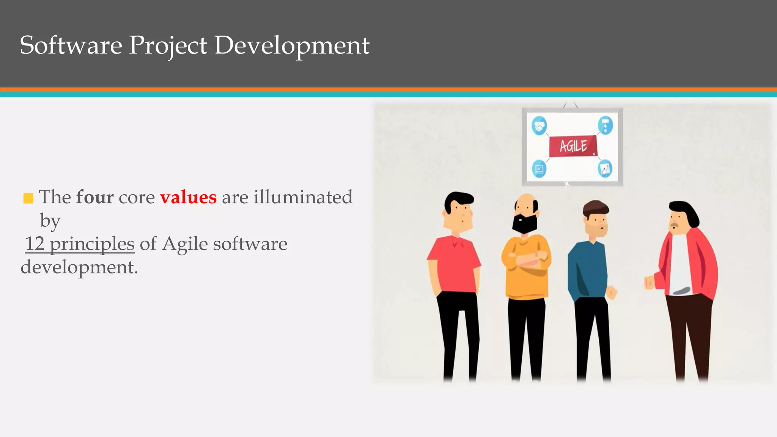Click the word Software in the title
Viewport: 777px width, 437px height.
click(x=71, y=45)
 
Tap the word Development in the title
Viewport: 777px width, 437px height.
click(x=292, y=46)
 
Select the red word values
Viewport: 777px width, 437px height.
click(x=188, y=197)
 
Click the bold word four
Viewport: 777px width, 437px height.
click(x=94, y=197)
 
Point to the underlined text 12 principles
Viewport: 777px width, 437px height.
click(x=80, y=244)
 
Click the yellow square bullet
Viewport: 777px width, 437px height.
click(x=28, y=198)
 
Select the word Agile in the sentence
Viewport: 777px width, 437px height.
click(x=185, y=244)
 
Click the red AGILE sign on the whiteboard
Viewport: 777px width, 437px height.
click(x=573, y=146)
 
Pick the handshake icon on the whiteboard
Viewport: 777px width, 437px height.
click(x=539, y=126)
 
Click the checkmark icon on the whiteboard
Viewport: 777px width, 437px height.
click(x=539, y=168)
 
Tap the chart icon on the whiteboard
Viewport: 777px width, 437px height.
click(x=605, y=168)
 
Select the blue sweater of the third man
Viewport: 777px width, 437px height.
click(x=587, y=269)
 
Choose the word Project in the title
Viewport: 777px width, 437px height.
click(x=168, y=46)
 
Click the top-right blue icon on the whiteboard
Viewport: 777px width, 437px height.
click(x=605, y=126)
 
